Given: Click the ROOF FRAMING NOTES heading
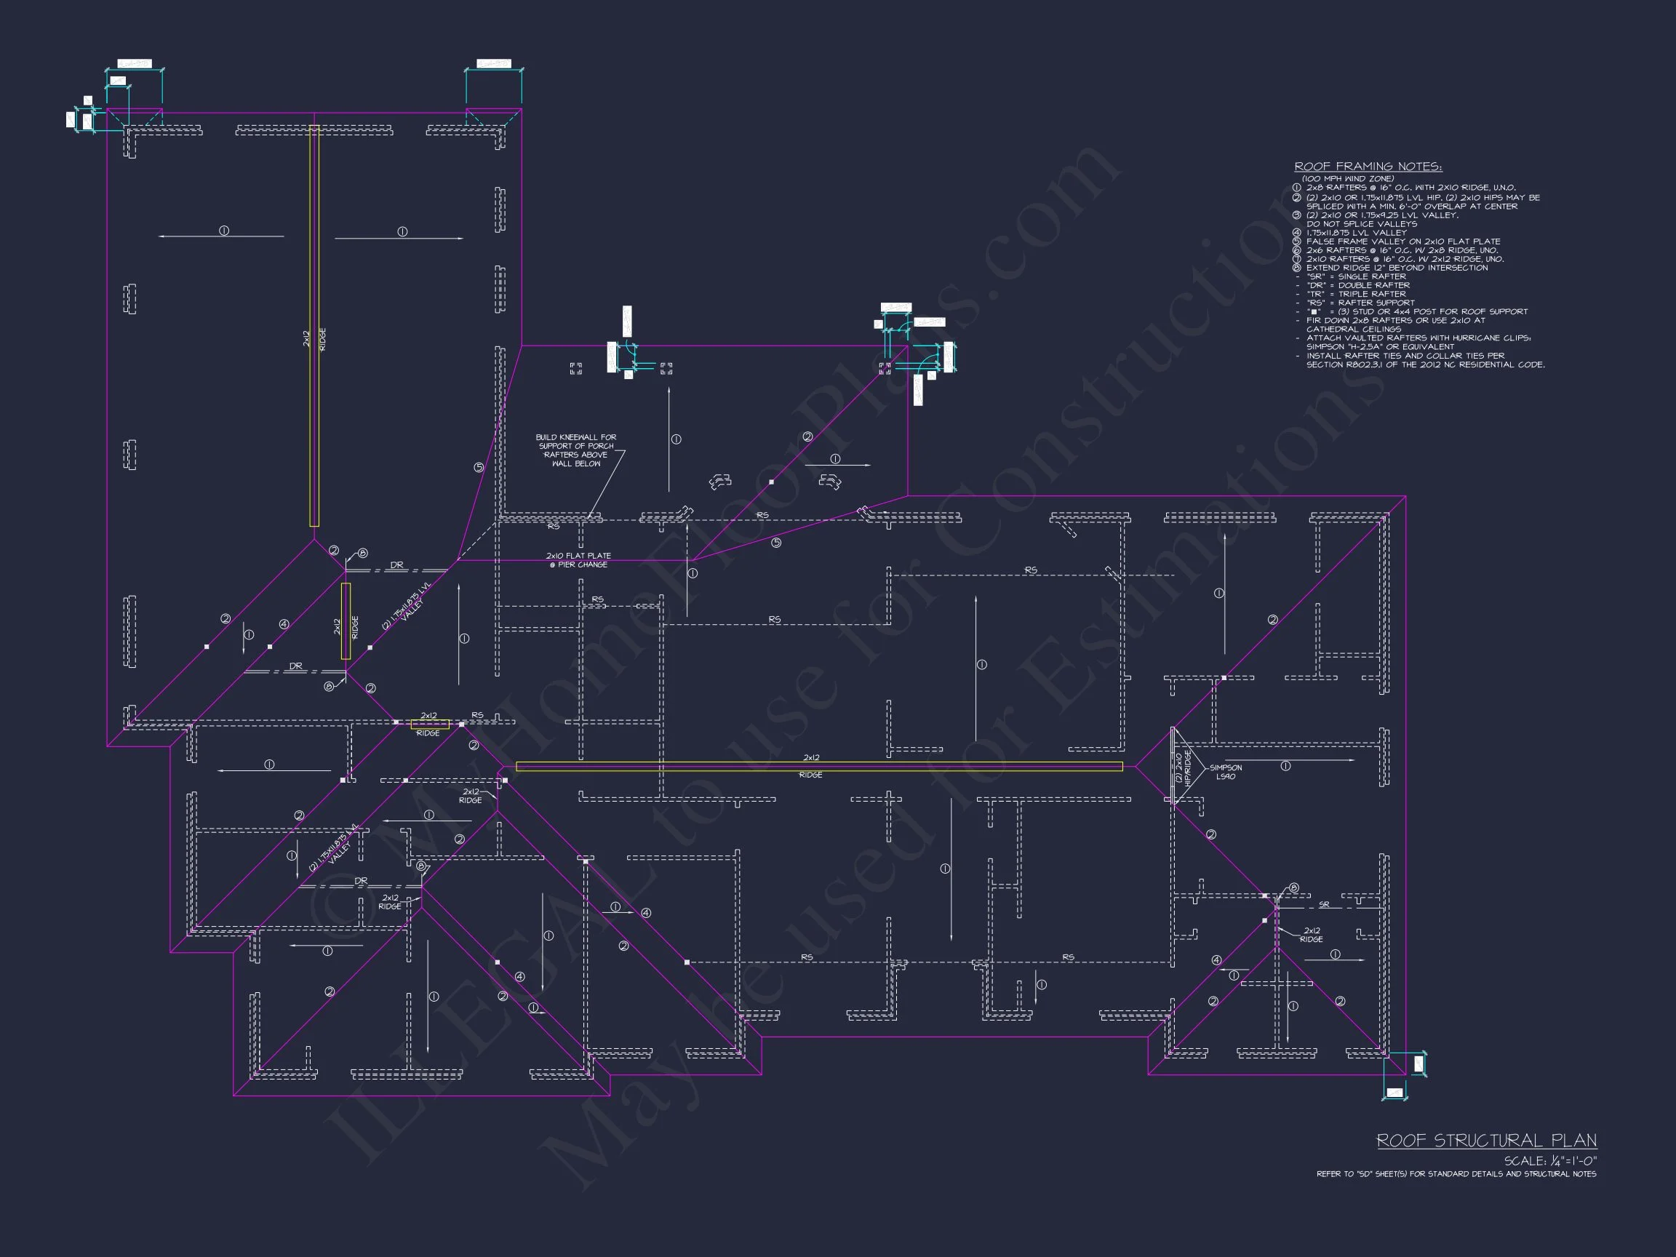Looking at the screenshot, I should click(x=1368, y=167).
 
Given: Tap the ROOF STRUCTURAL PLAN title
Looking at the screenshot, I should click(x=1486, y=1141).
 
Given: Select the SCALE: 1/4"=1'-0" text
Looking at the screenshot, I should click(x=1550, y=1161).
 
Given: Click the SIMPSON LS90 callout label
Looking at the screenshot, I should click(x=1225, y=772).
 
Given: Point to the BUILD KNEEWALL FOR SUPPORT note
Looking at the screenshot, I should click(x=576, y=450).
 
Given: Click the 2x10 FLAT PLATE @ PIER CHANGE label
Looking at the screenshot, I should click(x=578, y=560).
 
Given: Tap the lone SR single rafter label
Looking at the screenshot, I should click(x=1324, y=905).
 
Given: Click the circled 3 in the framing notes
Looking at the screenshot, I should click(x=1296, y=215).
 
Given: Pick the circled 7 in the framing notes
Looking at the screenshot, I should click(x=1296, y=259).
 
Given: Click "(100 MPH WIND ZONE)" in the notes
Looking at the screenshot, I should click(x=1348, y=179).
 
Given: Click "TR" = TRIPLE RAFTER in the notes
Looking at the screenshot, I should click(x=1356, y=294).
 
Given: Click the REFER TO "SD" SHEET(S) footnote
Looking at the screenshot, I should click(x=1456, y=1173).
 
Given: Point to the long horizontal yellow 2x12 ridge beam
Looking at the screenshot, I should click(x=818, y=767).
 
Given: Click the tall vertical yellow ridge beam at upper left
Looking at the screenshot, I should click(x=314, y=326).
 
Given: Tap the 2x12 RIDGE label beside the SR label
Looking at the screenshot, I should click(x=1311, y=935).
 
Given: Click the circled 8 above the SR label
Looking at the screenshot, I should click(x=1293, y=888).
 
